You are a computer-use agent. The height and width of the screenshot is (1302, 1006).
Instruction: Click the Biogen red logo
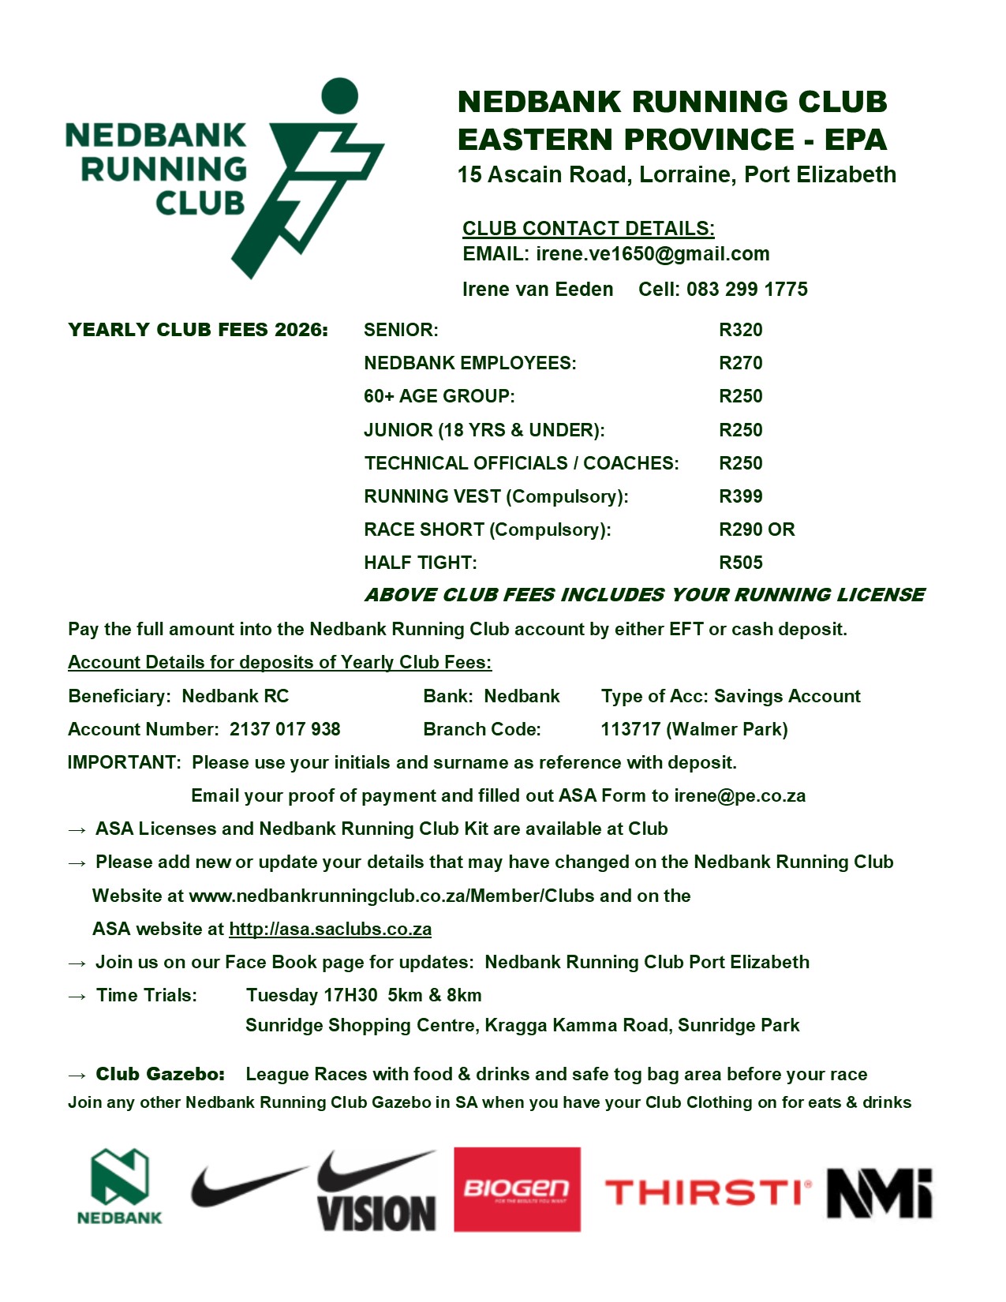[x=517, y=1189]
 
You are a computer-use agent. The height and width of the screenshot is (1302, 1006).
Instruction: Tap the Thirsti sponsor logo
[x=708, y=1192]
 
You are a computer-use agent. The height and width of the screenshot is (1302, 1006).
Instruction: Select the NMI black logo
[x=879, y=1192]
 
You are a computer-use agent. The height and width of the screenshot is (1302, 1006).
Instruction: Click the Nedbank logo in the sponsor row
[x=119, y=1186]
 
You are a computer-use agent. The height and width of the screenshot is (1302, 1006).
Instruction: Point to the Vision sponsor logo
[x=376, y=1191]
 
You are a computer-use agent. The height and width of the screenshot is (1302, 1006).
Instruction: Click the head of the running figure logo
[x=340, y=95]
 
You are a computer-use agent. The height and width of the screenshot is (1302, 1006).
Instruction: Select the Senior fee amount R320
[x=740, y=330]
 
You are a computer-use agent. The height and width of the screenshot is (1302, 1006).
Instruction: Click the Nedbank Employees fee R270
[x=740, y=363]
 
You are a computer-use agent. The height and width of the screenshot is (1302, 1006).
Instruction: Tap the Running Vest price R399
[x=740, y=496]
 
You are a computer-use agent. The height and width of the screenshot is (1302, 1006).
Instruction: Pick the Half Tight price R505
[x=740, y=563]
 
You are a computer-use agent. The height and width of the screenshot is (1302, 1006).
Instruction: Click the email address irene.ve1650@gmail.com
[x=653, y=254]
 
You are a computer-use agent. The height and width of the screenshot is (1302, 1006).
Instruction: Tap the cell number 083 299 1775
[x=746, y=290]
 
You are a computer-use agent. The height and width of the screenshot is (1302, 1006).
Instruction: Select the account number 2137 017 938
[x=285, y=729]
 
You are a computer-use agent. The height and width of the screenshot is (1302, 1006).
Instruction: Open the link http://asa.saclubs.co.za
[x=330, y=929]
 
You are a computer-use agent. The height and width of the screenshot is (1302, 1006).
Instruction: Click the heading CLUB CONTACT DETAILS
[x=588, y=229]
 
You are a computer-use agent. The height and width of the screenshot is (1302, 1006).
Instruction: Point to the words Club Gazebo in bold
[x=160, y=1074]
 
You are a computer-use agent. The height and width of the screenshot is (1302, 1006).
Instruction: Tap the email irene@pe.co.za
[x=739, y=795]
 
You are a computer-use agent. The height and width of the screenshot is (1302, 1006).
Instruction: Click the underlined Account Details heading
[x=279, y=662]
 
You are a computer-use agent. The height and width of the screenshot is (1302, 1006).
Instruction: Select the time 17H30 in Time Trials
[x=350, y=995]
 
